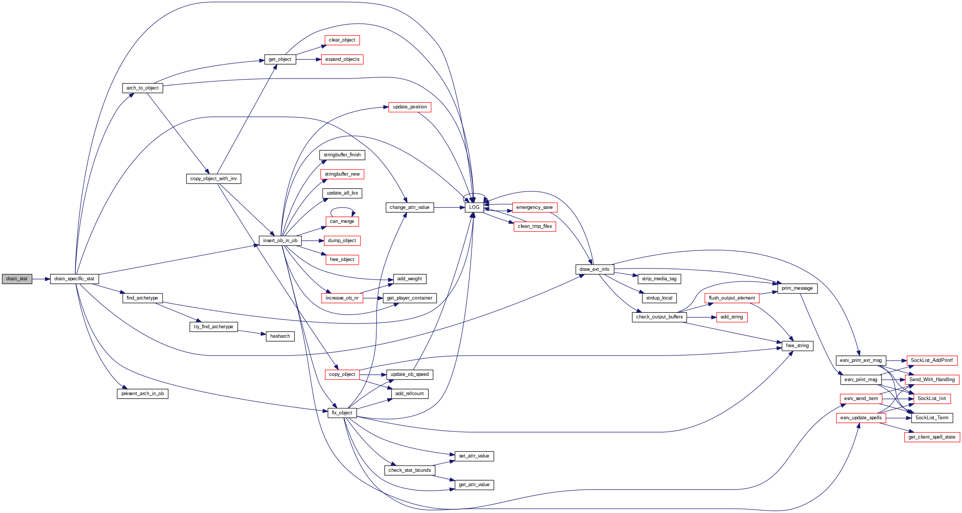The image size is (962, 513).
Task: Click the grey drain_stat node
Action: click(17, 279)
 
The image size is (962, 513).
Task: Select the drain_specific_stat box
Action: click(74, 279)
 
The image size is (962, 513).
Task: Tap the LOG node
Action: click(474, 207)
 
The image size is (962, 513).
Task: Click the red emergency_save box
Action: click(534, 207)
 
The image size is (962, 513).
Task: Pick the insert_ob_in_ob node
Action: click(280, 241)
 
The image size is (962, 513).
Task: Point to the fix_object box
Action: click(342, 413)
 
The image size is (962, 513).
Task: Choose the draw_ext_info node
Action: click(594, 269)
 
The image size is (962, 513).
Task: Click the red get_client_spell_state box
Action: click(932, 437)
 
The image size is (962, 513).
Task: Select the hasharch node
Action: click(280, 336)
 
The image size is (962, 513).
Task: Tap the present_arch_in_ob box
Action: click(143, 394)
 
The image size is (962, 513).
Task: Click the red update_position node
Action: click(410, 107)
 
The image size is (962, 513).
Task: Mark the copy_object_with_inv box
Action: click(214, 179)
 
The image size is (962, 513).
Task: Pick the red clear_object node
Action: click(342, 40)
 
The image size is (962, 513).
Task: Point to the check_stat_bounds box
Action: click(410, 470)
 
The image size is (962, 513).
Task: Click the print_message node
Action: click(797, 288)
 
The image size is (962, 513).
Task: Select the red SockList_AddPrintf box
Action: click(932, 360)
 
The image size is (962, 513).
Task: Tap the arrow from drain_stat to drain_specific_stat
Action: click(41, 279)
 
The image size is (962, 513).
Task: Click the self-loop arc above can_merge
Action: click(342, 208)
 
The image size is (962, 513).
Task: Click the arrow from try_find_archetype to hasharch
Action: click(251, 332)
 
